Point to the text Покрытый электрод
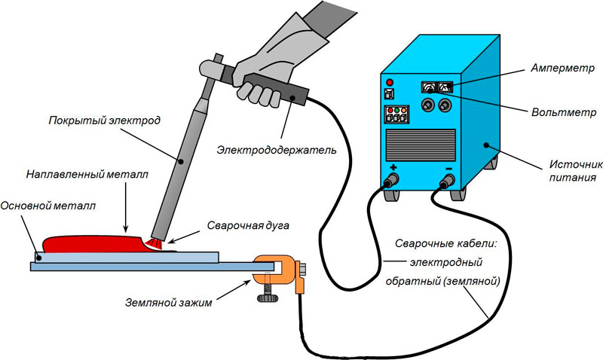[90, 121]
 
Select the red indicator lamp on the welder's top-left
[390, 81]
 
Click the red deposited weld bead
[90, 244]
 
